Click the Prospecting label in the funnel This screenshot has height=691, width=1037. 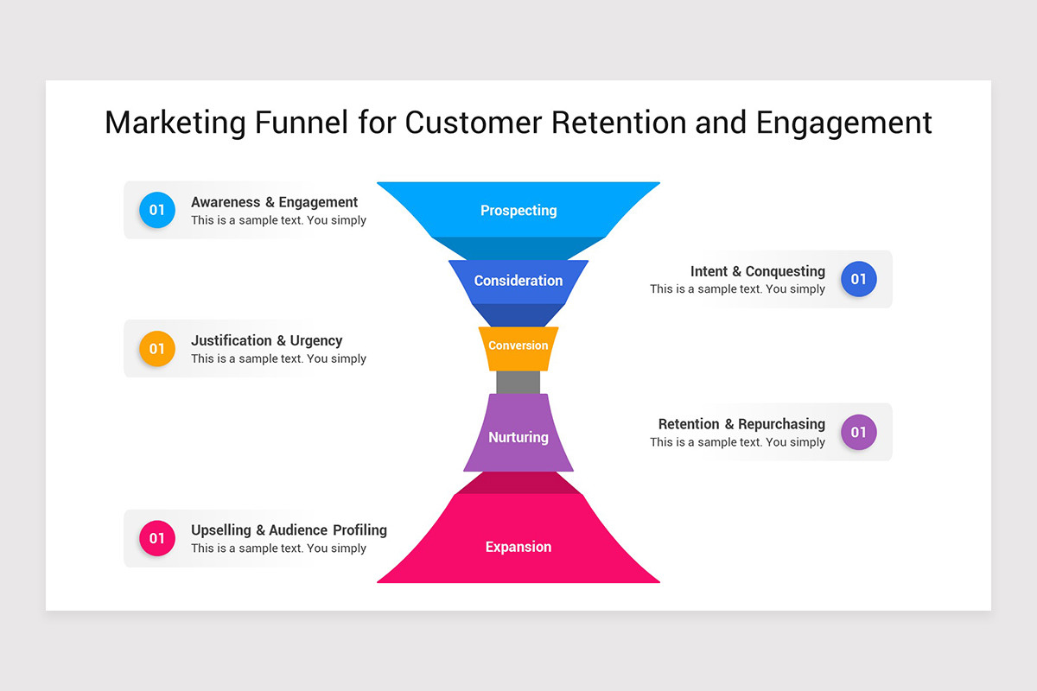(518, 210)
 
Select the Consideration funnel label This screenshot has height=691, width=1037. (518, 281)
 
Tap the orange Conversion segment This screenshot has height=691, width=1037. (518, 345)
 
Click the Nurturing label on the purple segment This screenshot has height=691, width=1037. (518, 437)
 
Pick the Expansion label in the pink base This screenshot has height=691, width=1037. (518, 547)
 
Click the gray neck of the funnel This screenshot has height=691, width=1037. (518, 383)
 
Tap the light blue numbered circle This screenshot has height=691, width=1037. (157, 210)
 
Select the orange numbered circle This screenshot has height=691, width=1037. (157, 349)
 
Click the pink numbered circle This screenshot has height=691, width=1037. (157, 539)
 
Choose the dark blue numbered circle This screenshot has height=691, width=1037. (858, 279)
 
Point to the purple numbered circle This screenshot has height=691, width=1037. (858, 432)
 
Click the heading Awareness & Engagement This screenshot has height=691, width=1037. (274, 202)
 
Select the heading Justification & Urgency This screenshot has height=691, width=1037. (266, 340)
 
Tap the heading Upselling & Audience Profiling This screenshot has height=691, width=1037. (289, 529)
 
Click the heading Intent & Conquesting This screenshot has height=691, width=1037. (757, 271)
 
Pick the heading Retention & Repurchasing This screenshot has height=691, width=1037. (741, 424)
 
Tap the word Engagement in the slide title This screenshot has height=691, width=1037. (843, 123)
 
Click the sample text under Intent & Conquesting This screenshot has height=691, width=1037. (737, 289)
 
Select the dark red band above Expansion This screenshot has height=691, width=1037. (518, 483)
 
